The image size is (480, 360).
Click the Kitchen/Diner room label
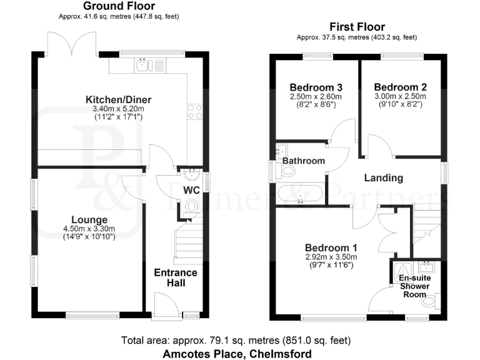click(x=119, y=99)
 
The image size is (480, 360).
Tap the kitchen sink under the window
click(x=144, y=64)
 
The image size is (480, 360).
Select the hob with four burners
click(x=194, y=111)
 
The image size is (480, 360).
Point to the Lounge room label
click(x=89, y=220)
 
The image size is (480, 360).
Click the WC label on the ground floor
click(x=191, y=190)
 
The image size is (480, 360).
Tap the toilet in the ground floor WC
click(x=191, y=207)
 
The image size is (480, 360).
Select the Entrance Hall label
click(x=176, y=277)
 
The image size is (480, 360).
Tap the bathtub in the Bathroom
click(x=299, y=194)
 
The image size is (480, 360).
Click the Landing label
click(x=383, y=178)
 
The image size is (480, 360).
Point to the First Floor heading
click(x=357, y=27)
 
